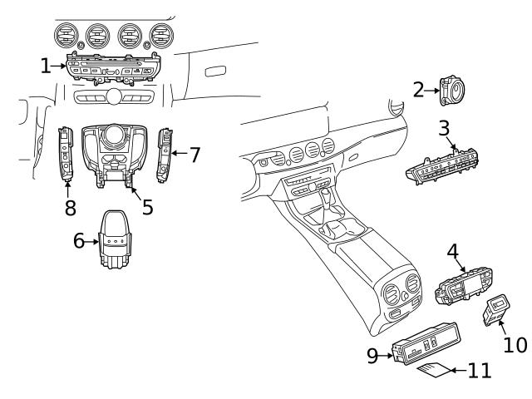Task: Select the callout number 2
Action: pyautogui.click(x=419, y=90)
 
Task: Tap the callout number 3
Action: pyautogui.click(x=445, y=130)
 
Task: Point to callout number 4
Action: pyautogui.click(x=452, y=252)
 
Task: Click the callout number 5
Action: pyautogui.click(x=147, y=206)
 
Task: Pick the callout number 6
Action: pyautogui.click(x=80, y=241)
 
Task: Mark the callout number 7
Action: pyautogui.click(x=195, y=154)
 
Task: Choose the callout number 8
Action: pyautogui.click(x=71, y=207)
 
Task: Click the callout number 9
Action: pyautogui.click(x=373, y=356)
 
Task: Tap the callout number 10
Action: pyautogui.click(x=515, y=344)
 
